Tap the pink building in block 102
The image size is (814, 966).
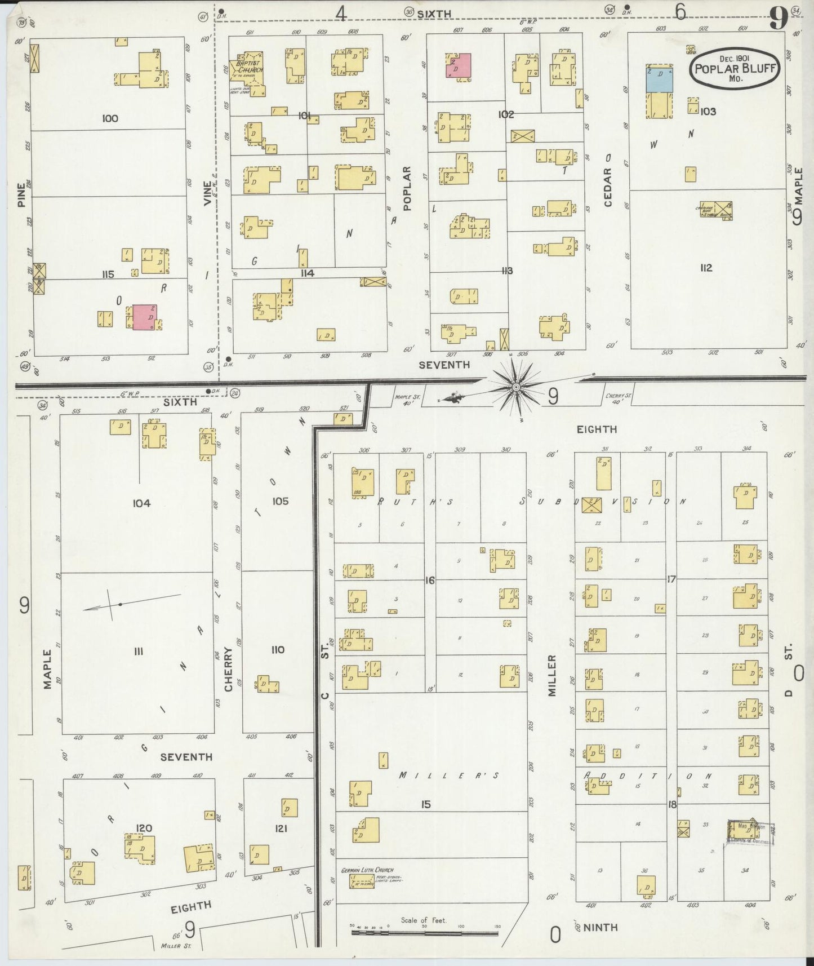(x=458, y=65)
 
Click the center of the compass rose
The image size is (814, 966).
(x=515, y=387)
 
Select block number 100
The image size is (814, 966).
(x=110, y=118)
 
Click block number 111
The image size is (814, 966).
(x=139, y=652)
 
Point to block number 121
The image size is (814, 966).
(x=281, y=828)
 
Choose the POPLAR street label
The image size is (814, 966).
(x=408, y=188)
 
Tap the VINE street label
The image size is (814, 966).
(x=208, y=193)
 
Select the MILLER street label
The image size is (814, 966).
(x=552, y=675)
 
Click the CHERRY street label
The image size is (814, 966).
(x=229, y=669)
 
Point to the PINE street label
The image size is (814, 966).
(x=21, y=194)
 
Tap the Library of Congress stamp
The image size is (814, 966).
(x=751, y=832)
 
